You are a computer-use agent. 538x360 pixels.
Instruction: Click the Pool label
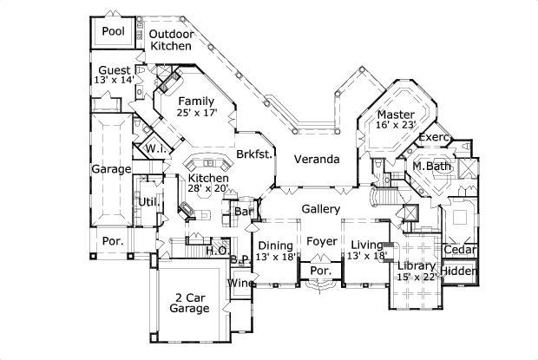tap(113, 32)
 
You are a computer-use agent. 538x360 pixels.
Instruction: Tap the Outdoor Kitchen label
tap(170, 40)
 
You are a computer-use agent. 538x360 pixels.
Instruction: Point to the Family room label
tap(197, 101)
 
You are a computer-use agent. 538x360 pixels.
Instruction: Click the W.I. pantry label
tap(156, 149)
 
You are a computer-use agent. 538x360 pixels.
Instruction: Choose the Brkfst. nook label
tap(254, 154)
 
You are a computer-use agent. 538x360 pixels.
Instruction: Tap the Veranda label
tap(315, 160)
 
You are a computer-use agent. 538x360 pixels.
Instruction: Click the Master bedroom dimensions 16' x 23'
tap(396, 125)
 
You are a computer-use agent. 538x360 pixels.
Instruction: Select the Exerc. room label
tap(433, 138)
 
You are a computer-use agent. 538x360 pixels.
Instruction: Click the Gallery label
tap(320, 209)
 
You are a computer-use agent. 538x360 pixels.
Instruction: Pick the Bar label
tap(243, 211)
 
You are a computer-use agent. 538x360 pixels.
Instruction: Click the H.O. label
tap(216, 251)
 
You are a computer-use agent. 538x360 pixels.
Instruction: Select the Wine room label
tap(239, 284)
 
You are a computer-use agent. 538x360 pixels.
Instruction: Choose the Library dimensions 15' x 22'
tap(415, 277)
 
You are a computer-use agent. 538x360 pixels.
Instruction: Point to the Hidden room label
tap(459, 272)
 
